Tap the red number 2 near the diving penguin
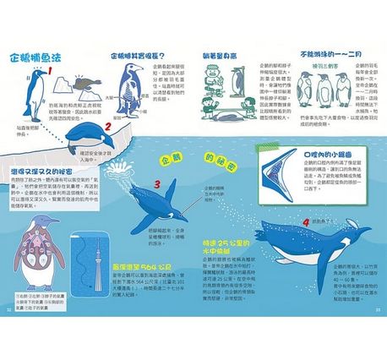[107, 128]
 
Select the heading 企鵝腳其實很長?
[139, 55]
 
